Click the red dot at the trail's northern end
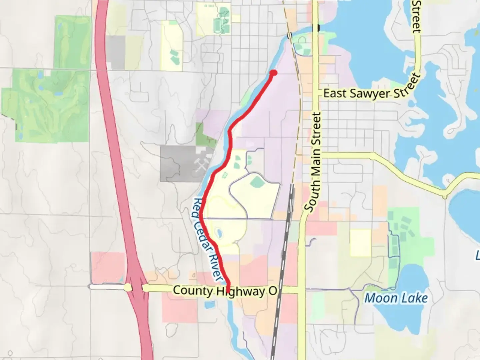coord(273,73)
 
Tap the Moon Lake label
coord(396,298)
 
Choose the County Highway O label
coord(225,291)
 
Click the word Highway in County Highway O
coord(240,292)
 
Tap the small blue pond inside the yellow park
coord(219,233)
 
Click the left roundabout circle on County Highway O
coord(128,287)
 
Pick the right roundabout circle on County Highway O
coord(146,288)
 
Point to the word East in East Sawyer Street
coord(335,93)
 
